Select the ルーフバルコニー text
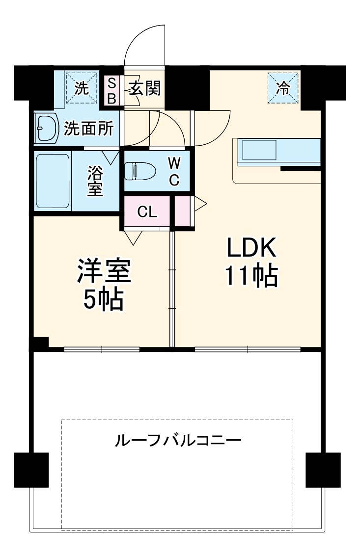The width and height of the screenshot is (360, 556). [x=178, y=440]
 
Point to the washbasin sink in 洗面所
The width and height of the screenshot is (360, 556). [x=46, y=129]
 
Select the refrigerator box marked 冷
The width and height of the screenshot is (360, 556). [x=283, y=88]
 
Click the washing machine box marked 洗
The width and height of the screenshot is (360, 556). [x=82, y=88]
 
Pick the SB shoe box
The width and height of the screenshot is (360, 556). [x=112, y=90]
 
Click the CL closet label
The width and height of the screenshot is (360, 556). [x=146, y=212]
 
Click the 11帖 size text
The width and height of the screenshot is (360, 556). [x=251, y=276]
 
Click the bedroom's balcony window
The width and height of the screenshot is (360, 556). [x=102, y=349]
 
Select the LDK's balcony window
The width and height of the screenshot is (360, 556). [x=247, y=349]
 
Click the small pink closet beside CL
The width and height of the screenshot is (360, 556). [x=184, y=211]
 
